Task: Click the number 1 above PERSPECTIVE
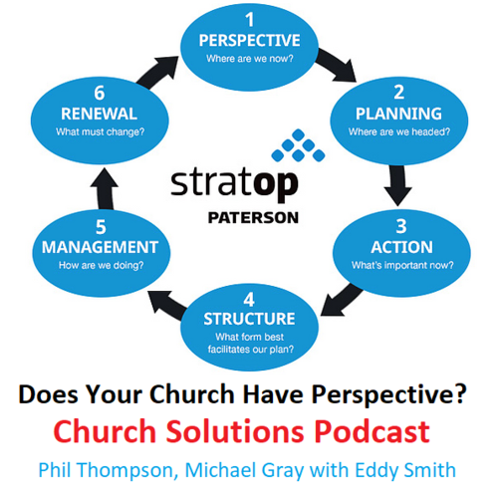(x=250, y=20)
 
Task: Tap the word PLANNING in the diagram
(x=398, y=114)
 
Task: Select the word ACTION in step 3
(x=402, y=247)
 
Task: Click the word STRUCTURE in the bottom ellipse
(x=249, y=319)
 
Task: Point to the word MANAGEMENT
(x=100, y=247)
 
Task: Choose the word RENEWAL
(x=99, y=114)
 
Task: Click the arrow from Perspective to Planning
(x=336, y=66)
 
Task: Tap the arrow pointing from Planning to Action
(x=397, y=185)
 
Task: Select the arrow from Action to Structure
(x=342, y=300)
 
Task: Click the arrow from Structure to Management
(x=167, y=305)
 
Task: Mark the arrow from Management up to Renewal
(x=105, y=188)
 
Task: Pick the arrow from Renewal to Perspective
(x=157, y=72)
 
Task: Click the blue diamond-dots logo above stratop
(x=298, y=145)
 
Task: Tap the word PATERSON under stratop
(x=253, y=218)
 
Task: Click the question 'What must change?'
(x=101, y=132)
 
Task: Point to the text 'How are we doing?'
(x=101, y=266)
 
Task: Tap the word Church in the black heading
(x=192, y=394)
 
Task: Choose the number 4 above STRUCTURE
(x=249, y=300)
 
